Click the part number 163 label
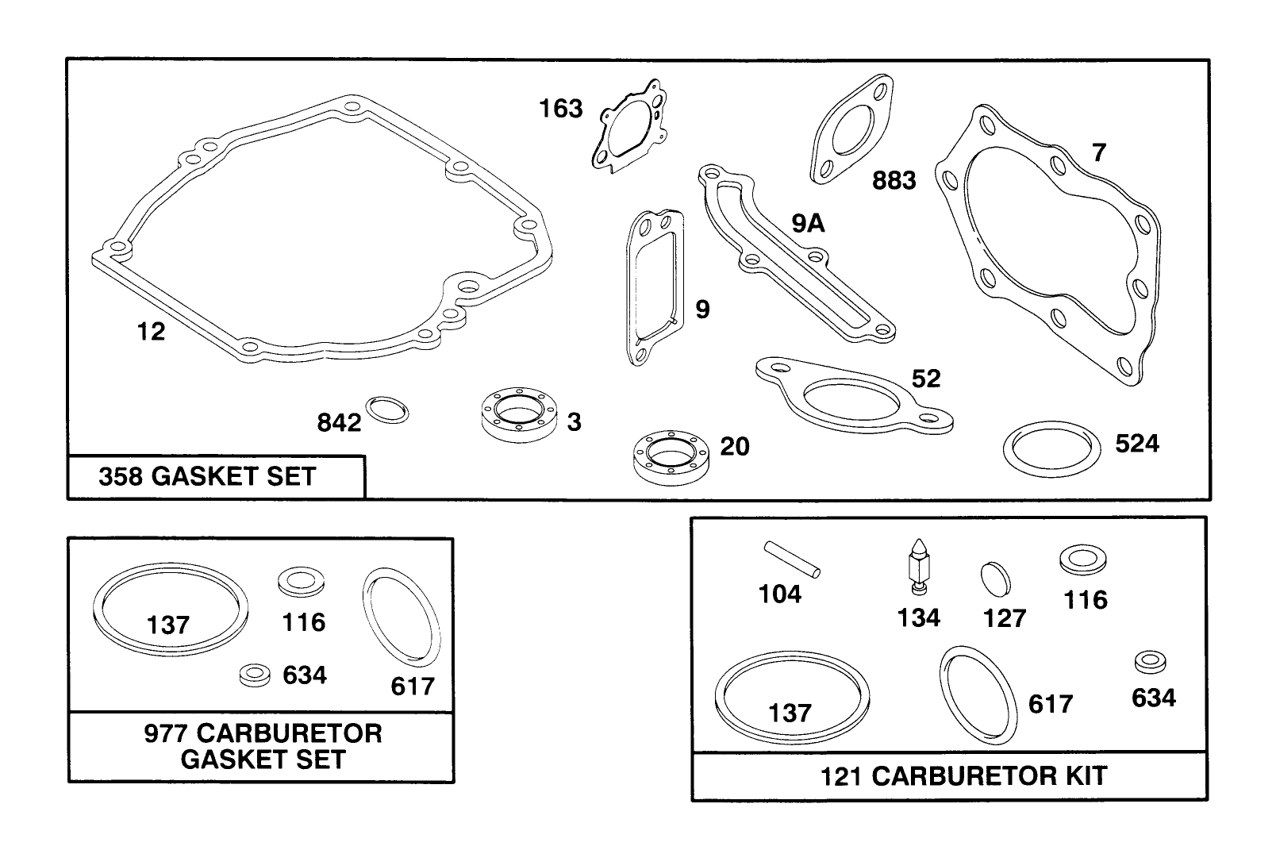point(561,109)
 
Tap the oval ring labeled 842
point(388,410)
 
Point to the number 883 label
point(894,181)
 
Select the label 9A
point(808,224)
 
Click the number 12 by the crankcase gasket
point(151,331)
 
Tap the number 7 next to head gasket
point(1098,152)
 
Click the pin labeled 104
point(792,558)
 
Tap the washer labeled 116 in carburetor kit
point(1083,559)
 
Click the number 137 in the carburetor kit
point(790,713)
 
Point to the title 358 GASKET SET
point(207,477)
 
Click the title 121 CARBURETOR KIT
point(963,775)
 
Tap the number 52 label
point(925,379)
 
